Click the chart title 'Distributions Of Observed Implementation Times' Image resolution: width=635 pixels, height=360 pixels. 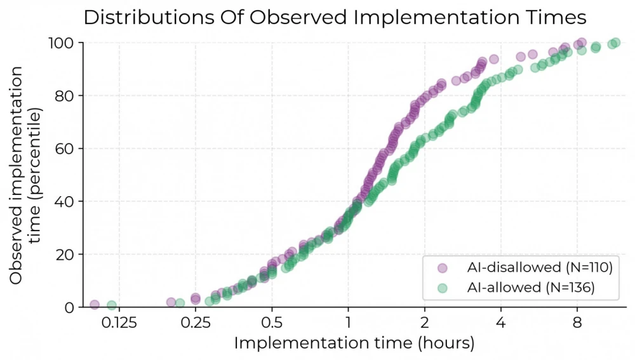tap(335, 17)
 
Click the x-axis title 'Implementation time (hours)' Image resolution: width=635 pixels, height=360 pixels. tap(354, 343)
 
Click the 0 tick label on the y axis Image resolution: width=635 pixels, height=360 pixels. tap(69, 307)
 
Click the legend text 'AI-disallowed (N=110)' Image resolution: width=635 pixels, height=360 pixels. tap(538, 268)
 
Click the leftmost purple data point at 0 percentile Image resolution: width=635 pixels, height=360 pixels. tap(95, 305)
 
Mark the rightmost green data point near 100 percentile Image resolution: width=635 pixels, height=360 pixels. tap(615, 43)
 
